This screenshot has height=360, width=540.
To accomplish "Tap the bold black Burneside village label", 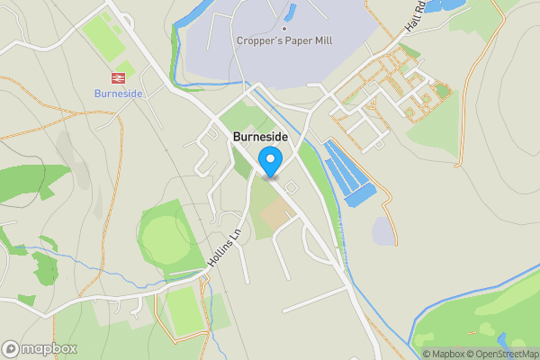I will click(x=261, y=138).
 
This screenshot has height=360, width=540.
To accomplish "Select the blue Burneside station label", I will click(x=117, y=93).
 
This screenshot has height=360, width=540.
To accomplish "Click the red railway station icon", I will click(x=117, y=78).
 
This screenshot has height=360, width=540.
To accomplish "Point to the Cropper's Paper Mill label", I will click(x=283, y=40).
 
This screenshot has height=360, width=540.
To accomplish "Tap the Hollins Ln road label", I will click(x=229, y=245).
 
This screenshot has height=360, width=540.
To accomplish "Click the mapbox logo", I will click(x=40, y=348).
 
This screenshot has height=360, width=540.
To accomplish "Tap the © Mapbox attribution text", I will click(x=445, y=354).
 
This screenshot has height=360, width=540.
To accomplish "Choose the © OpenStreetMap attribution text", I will click(x=502, y=354).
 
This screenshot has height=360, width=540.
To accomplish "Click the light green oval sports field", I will click(x=166, y=237).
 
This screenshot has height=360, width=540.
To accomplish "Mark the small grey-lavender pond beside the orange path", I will click(x=382, y=231).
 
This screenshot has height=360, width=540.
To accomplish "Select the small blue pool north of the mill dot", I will click(x=290, y=11).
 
